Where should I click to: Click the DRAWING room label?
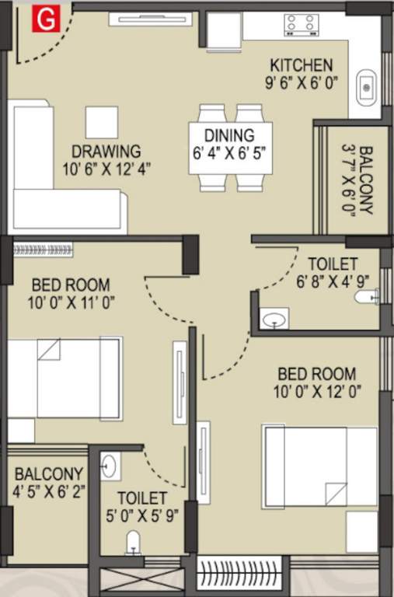(106, 151)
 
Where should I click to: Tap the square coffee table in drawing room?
(102, 122)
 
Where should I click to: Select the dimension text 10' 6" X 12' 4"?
(107, 167)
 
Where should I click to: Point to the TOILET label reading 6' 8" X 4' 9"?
(332, 264)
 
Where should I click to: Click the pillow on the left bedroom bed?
(49, 349)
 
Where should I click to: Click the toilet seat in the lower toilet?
(134, 542)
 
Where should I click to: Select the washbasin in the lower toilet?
(109, 466)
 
